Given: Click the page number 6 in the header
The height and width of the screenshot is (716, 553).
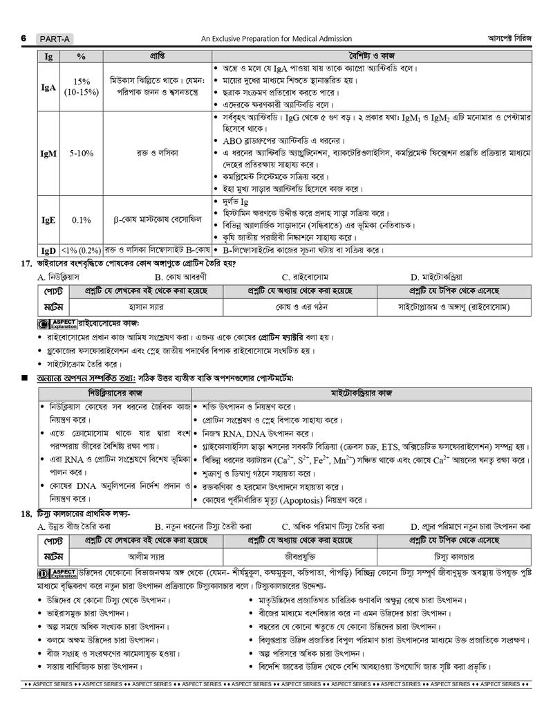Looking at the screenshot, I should (x=24, y=39).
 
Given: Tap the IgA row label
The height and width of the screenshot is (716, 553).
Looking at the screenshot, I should (x=48, y=88).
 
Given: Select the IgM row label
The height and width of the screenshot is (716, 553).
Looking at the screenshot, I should (x=48, y=154).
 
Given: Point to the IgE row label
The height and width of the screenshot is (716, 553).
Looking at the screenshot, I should (x=48, y=220).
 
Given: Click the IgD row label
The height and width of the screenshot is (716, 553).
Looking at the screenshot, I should (x=48, y=250).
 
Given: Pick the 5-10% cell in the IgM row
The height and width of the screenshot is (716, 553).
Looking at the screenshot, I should (x=81, y=154).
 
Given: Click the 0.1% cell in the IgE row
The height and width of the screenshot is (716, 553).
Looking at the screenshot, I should (x=81, y=220).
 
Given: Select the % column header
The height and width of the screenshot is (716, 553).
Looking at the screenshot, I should (x=81, y=55).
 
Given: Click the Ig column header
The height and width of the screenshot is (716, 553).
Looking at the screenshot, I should (x=48, y=55).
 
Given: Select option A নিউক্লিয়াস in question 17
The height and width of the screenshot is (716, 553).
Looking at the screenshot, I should (x=62, y=276).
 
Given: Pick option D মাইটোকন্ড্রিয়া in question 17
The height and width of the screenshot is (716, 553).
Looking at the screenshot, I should (x=446, y=276).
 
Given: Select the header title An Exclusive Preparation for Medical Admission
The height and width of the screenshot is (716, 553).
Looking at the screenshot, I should (x=276, y=39).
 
